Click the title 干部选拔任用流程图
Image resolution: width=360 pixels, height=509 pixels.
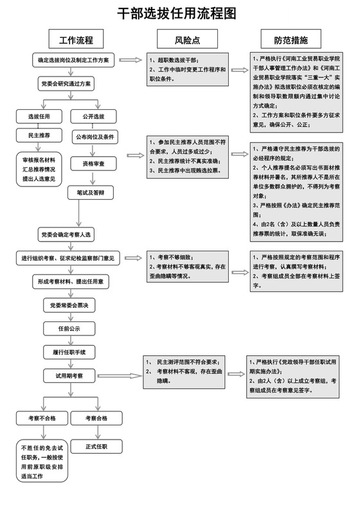click(179, 13)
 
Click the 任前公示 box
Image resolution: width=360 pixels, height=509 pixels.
click(67, 328)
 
